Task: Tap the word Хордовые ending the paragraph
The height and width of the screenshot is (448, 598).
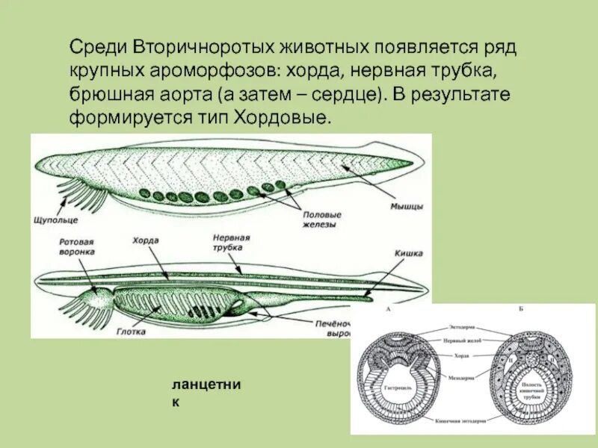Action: point(289,118)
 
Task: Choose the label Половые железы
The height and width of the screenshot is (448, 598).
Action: point(319,219)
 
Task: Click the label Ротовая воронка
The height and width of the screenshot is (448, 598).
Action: point(76,247)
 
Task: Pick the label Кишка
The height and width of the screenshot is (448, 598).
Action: point(409,253)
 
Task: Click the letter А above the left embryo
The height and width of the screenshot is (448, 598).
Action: point(387,308)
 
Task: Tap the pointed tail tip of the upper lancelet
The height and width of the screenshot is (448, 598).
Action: point(412,161)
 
